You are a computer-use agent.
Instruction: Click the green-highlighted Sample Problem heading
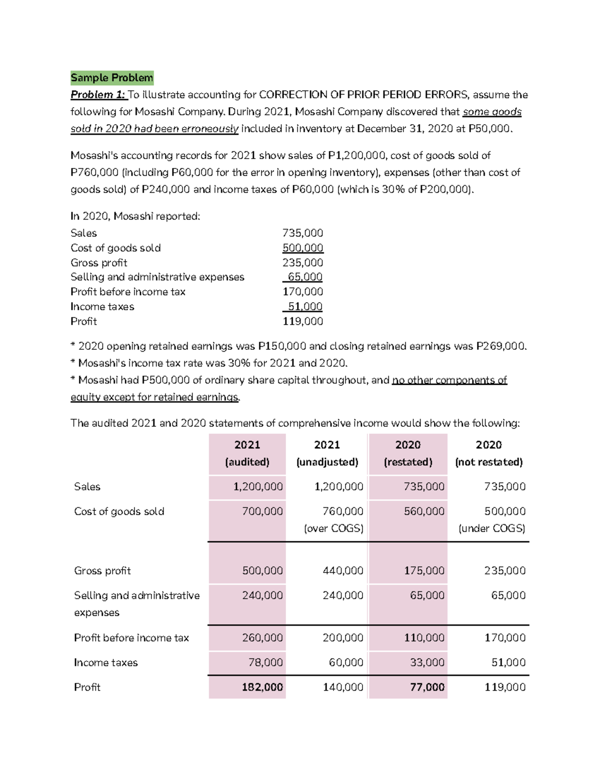[112, 78]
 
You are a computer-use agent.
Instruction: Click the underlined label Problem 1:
[98, 95]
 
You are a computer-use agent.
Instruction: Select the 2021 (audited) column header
[247, 453]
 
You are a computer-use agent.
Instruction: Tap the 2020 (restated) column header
[408, 453]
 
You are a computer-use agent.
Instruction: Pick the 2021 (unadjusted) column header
[327, 453]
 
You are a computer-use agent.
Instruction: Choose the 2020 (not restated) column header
[488, 453]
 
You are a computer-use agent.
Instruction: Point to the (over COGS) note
[333, 528]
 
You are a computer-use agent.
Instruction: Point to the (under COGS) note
[491, 528]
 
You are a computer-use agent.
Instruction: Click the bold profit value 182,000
[262, 687]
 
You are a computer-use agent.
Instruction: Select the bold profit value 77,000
[427, 687]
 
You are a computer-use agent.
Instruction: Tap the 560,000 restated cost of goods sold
[424, 511]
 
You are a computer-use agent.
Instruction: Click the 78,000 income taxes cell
[265, 662]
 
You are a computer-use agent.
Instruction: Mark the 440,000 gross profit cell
[343, 571]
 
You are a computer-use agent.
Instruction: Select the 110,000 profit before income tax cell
[424, 638]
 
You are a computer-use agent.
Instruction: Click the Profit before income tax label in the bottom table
[131, 638]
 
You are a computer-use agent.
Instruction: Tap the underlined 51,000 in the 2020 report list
[305, 307]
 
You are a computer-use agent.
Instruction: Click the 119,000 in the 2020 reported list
[303, 321]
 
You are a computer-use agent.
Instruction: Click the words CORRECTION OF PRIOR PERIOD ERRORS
[364, 95]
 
